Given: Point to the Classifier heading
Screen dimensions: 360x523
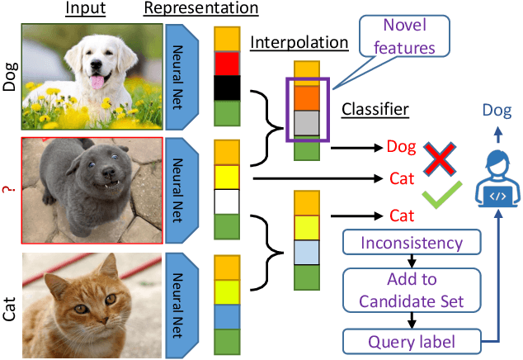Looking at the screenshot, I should point(376,109).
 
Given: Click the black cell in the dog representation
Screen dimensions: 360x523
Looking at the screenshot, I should point(226,88).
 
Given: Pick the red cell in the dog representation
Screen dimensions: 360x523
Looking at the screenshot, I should point(226,64).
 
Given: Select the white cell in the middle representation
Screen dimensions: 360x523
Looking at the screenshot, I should point(226,201).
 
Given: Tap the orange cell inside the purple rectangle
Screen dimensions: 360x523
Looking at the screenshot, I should point(306,98).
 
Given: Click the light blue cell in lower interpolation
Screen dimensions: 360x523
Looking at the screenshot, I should point(306,251).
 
